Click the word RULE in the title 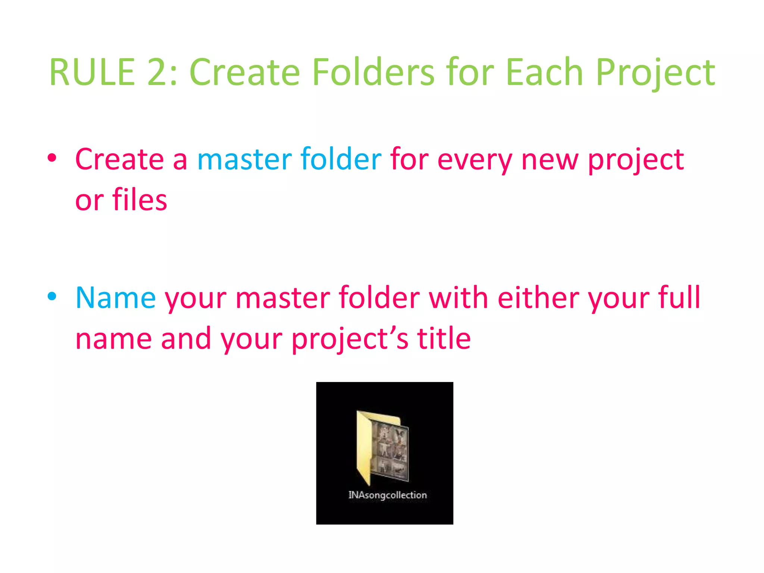tap(92, 72)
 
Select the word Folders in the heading tap(373, 72)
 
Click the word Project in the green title tap(655, 72)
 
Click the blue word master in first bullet tap(244, 160)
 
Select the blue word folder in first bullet tap(341, 160)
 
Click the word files tap(140, 200)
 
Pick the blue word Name tap(116, 298)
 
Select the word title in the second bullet tap(444, 339)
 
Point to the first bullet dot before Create tap(52, 158)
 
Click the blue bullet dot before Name tap(52, 297)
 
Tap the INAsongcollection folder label tap(387, 495)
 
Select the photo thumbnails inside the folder tap(390, 451)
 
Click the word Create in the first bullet tap(119, 160)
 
